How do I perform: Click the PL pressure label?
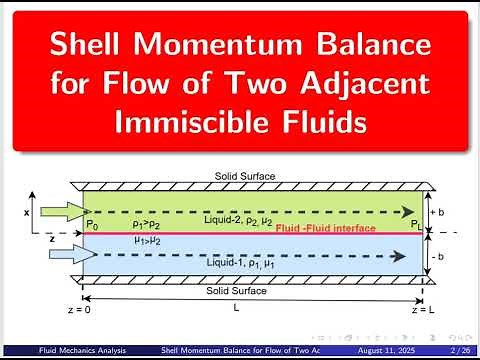(412, 225)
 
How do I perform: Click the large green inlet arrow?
(58, 212)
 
